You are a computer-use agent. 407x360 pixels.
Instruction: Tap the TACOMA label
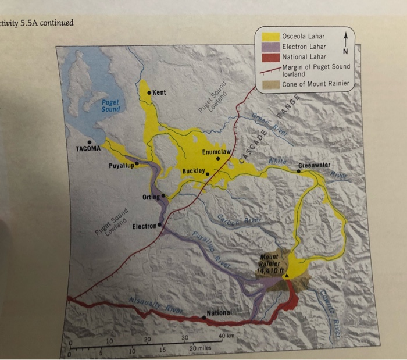click(88, 149)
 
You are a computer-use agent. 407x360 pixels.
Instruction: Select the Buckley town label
click(192, 172)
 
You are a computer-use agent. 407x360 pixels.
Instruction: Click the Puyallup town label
click(121, 166)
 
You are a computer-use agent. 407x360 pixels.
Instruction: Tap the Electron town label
click(143, 226)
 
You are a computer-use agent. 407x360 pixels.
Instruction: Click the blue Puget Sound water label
click(110, 106)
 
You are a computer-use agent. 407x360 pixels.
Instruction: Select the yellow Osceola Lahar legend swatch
click(270, 37)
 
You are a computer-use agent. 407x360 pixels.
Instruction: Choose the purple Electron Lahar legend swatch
click(270, 47)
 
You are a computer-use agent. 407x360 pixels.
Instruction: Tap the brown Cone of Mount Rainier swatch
click(270, 84)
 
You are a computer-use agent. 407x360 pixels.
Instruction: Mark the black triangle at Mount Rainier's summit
click(286, 275)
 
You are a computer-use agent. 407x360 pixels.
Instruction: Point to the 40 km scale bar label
click(226, 336)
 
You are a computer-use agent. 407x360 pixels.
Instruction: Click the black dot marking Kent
click(149, 93)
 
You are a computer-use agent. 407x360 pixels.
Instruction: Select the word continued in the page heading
click(55, 23)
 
